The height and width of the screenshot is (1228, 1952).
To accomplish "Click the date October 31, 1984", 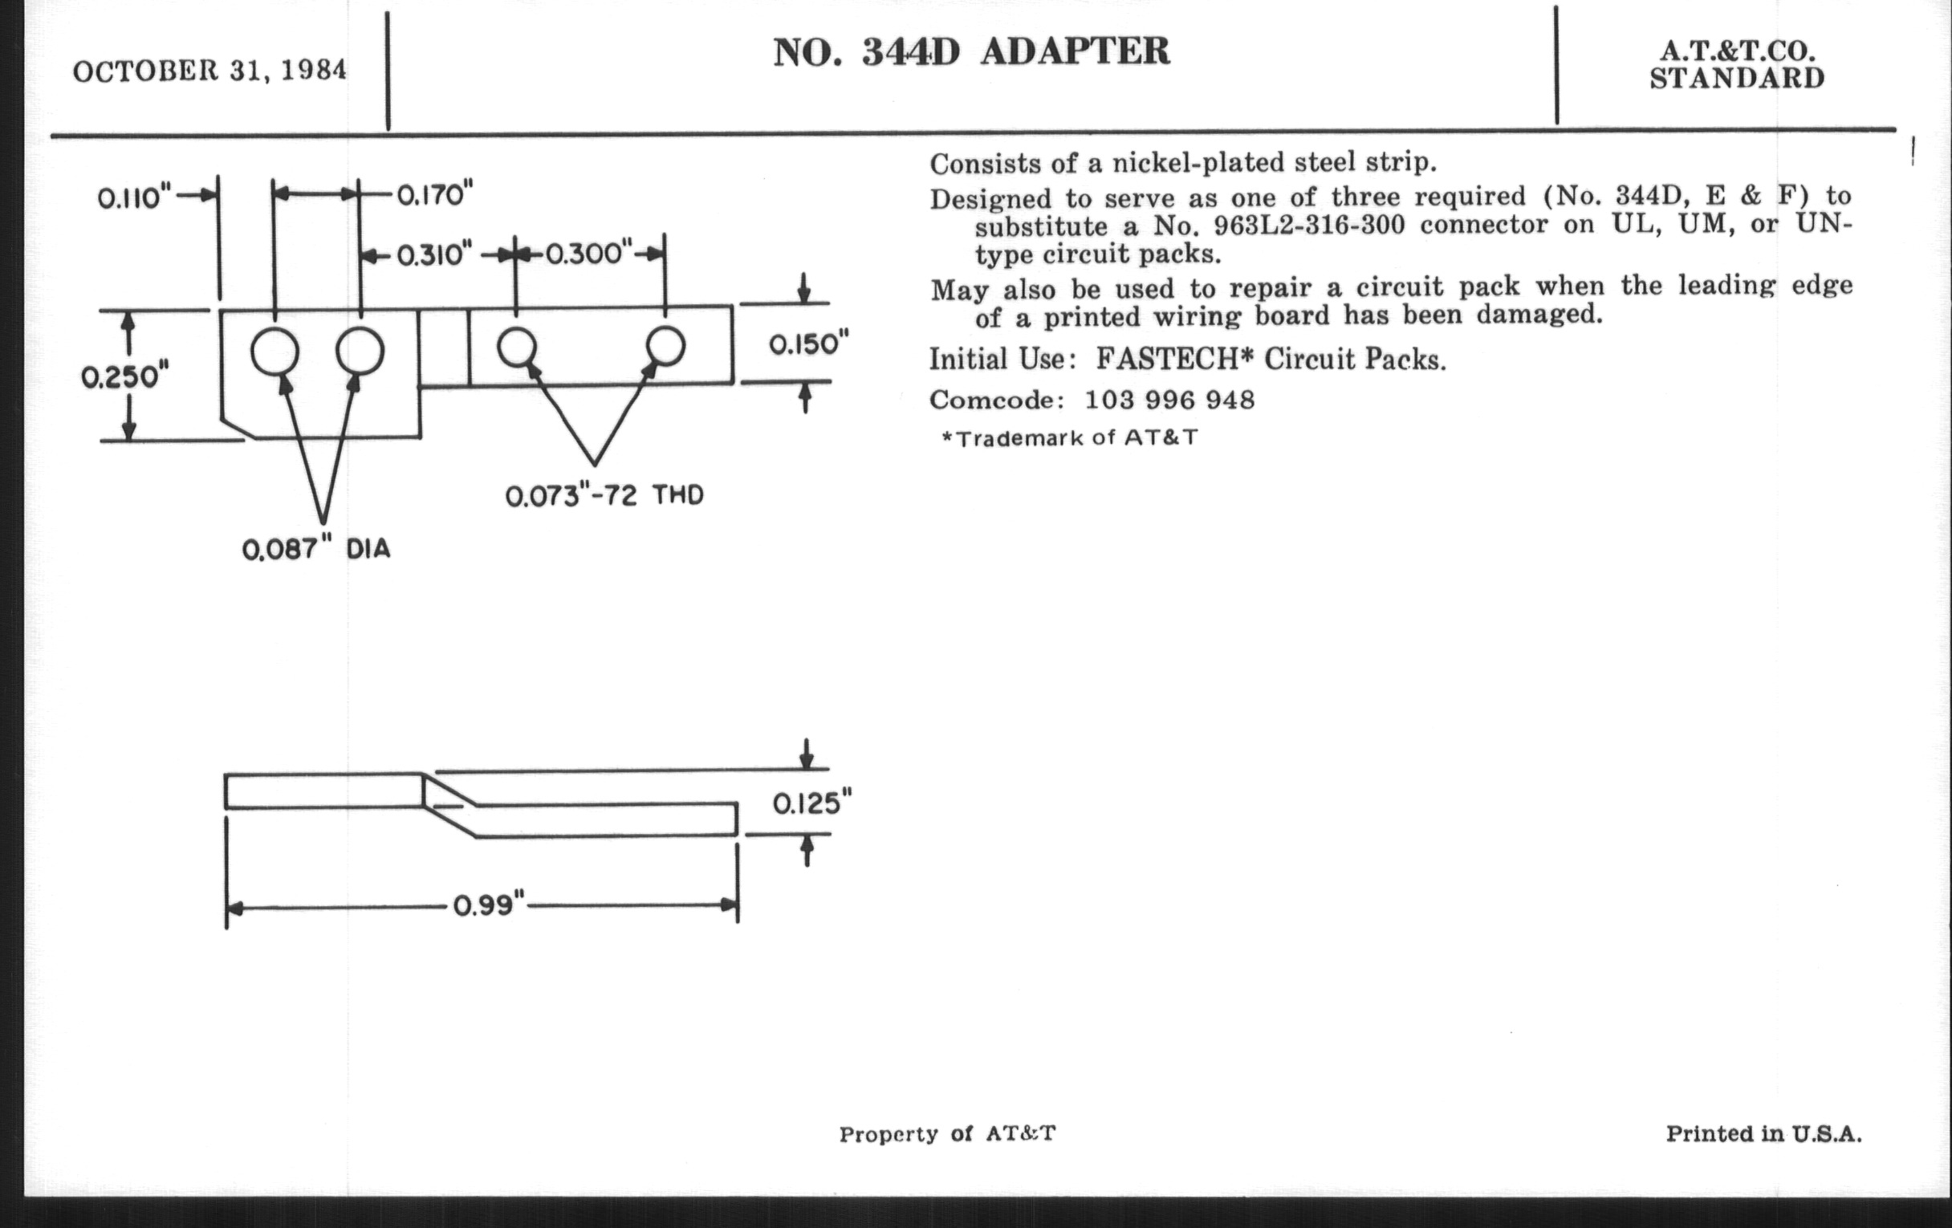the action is pyautogui.click(x=210, y=71).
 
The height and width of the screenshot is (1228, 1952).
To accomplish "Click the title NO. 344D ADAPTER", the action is pyautogui.click(x=971, y=52).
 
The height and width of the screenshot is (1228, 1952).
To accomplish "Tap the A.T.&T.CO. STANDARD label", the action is pyautogui.click(x=1736, y=65).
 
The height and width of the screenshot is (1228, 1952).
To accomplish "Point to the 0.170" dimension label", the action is pyautogui.click(x=434, y=195).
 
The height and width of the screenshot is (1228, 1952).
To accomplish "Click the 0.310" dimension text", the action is pyautogui.click(x=434, y=255).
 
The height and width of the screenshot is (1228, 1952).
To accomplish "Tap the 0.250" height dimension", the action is pyautogui.click(x=125, y=377).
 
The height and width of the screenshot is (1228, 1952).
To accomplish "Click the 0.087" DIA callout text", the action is pyautogui.click(x=316, y=549).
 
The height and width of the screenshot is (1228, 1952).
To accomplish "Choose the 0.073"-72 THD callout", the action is pyautogui.click(x=604, y=494).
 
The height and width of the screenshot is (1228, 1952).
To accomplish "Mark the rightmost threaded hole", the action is pyautogui.click(x=665, y=346).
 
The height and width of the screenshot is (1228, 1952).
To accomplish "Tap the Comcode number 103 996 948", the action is pyautogui.click(x=1169, y=400).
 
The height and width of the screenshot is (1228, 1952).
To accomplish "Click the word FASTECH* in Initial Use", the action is pyautogui.click(x=1169, y=358).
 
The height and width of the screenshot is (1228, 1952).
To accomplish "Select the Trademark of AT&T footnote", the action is pyautogui.click(x=1069, y=438).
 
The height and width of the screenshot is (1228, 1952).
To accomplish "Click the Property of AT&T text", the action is pyautogui.click(x=948, y=1134).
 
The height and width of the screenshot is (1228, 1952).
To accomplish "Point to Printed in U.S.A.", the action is pyautogui.click(x=1764, y=1133).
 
